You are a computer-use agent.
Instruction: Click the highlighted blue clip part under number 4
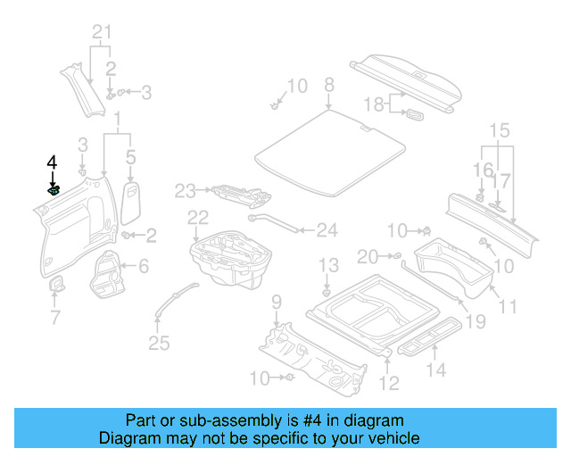(54, 190)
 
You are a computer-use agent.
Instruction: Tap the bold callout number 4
(52, 162)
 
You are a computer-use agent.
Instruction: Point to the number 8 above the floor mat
(328, 85)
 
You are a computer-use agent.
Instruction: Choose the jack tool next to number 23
(236, 194)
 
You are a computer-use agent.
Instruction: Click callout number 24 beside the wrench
(327, 230)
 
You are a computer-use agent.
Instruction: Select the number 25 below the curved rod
(158, 343)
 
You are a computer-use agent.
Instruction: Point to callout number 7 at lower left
(55, 317)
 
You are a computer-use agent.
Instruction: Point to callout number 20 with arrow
(368, 257)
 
